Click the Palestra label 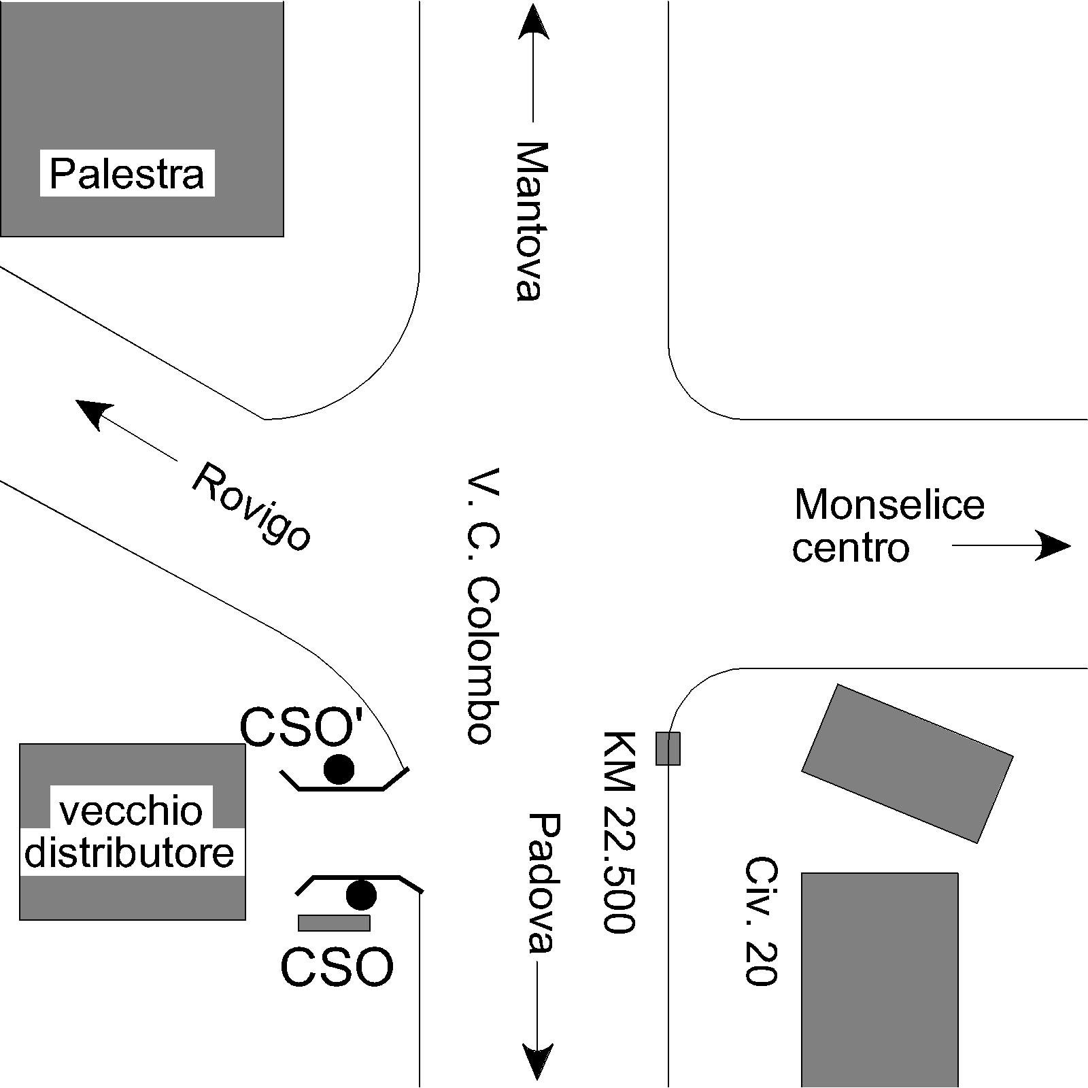pyautogui.click(x=127, y=174)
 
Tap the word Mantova pyautogui.click(x=530, y=220)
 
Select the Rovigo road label pyautogui.click(x=252, y=506)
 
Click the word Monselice pyautogui.click(x=889, y=505)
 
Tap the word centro pyautogui.click(x=850, y=547)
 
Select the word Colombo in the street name pyautogui.click(x=483, y=660)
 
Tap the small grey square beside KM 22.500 pyautogui.click(x=668, y=749)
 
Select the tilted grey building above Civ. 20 pyautogui.click(x=907, y=763)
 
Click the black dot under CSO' pyautogui.click(x=339, y=769)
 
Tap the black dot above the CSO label pyautogui.click(x=361, y=895)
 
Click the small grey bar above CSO pyautogui.click(x=334, y=923)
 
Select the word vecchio pyautogui.click(x=131, y=811)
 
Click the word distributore pyautogui.click(x=129, y=853)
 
